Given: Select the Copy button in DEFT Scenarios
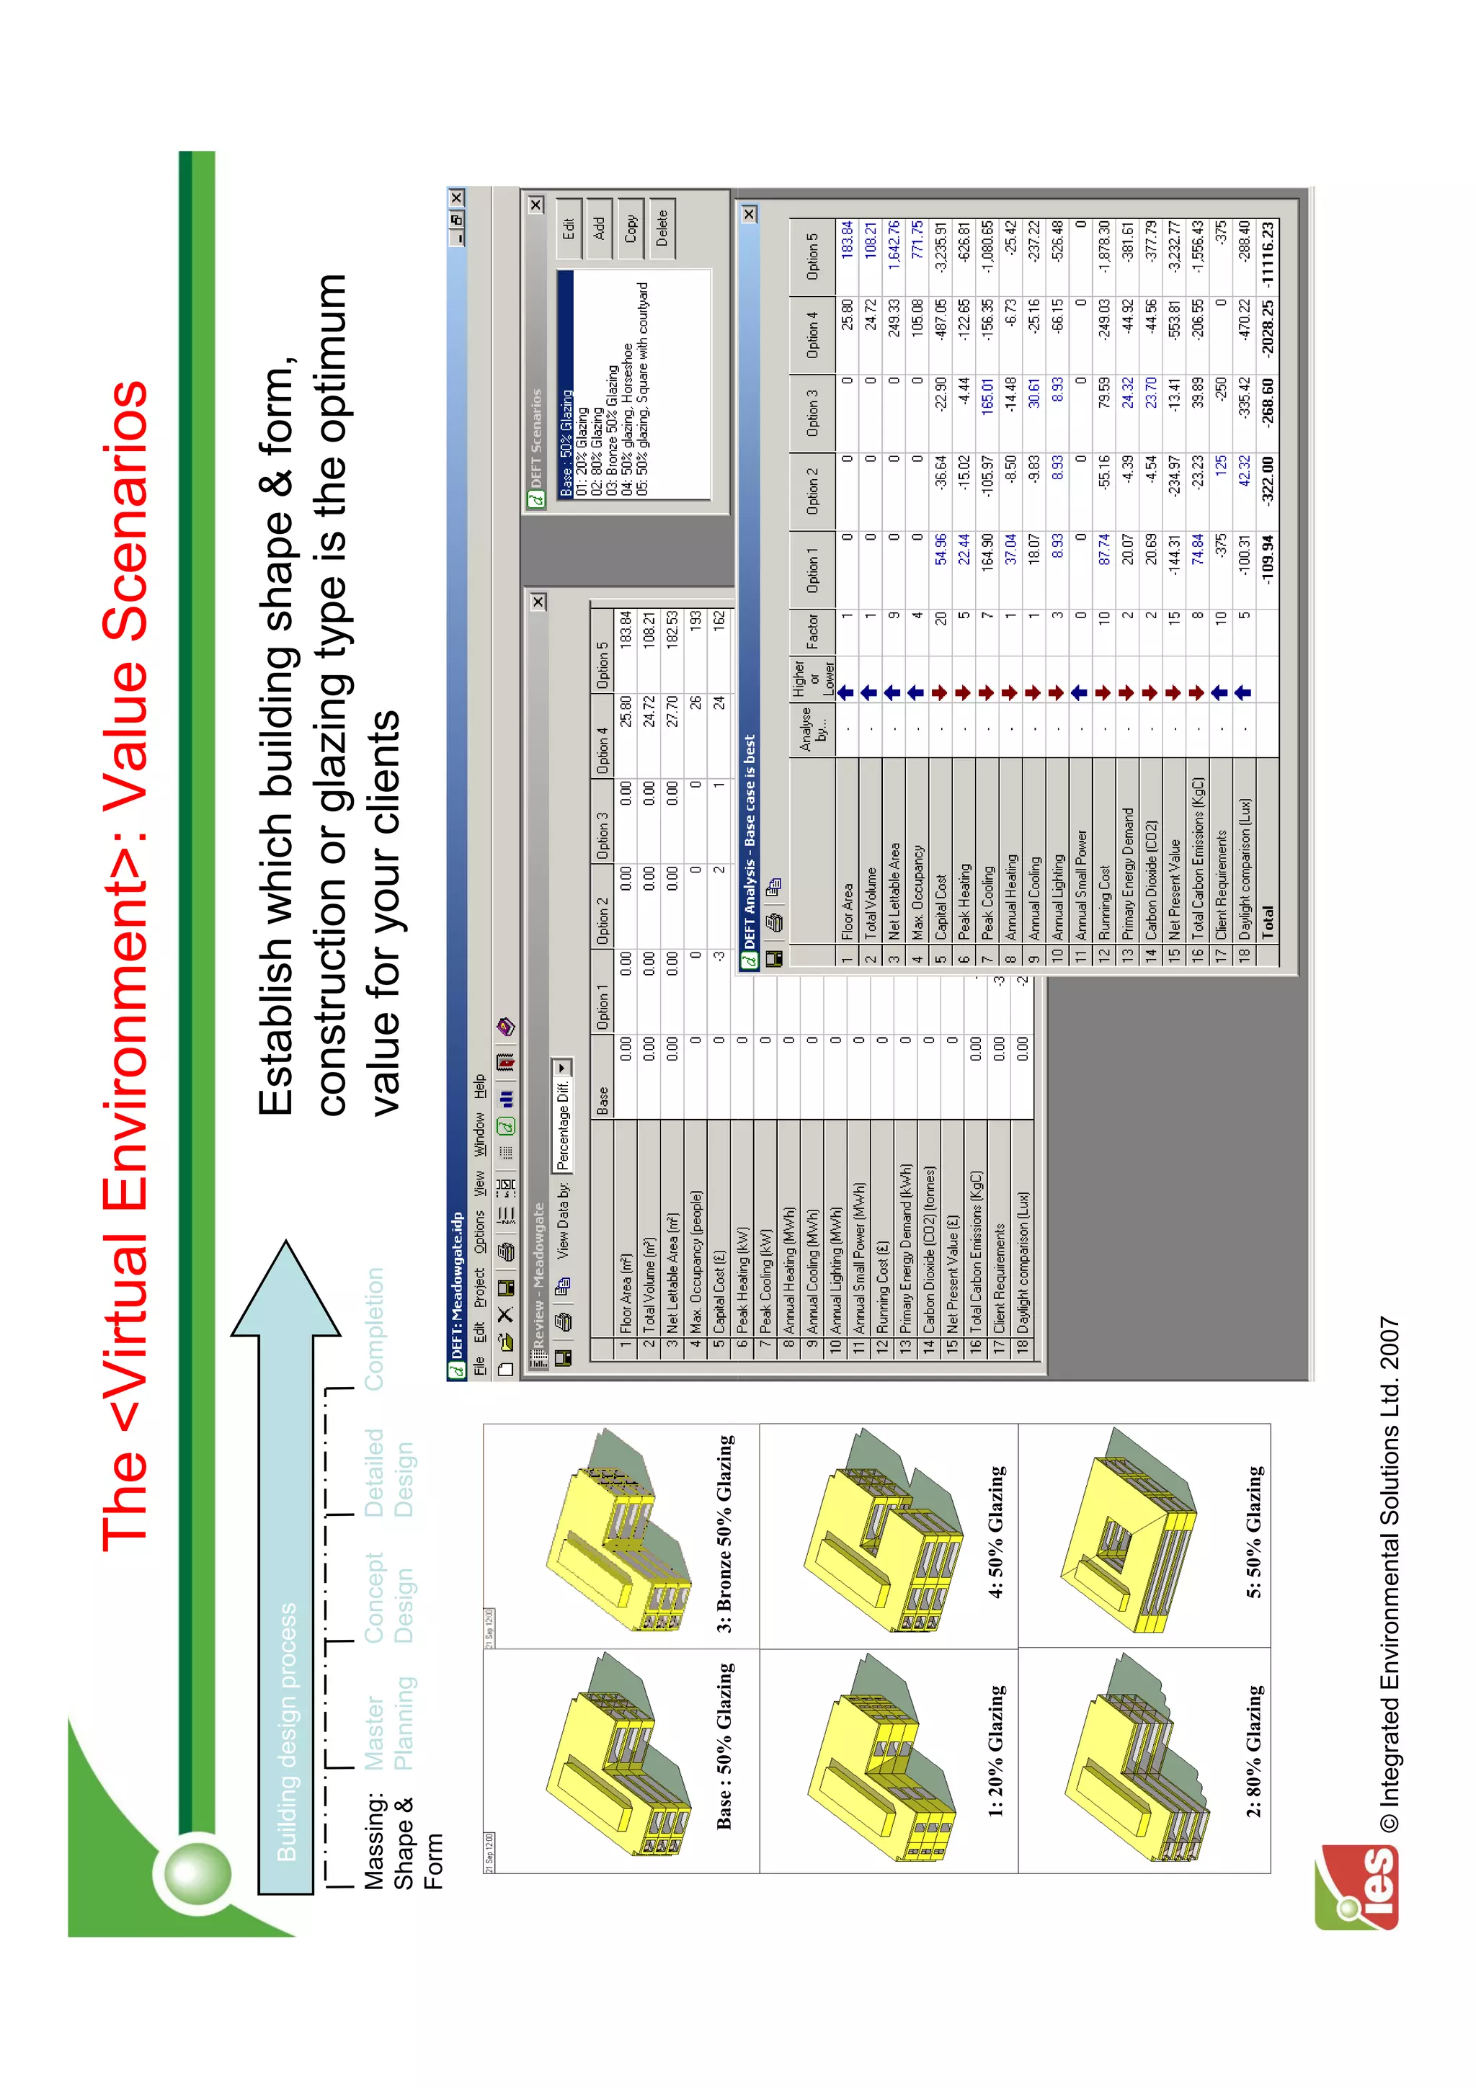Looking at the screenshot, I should pyautogui.click(x=630, y=228).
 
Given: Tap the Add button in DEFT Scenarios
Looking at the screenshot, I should pyautogui.click(x=600, y=228).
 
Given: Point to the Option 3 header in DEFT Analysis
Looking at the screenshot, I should pyautogui.click(x=812, y=413).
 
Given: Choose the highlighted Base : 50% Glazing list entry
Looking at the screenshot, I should pyautogui.click(x=566, y=443).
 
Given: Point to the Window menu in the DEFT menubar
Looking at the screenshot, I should pyautogui.click(x=479, y=1135).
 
